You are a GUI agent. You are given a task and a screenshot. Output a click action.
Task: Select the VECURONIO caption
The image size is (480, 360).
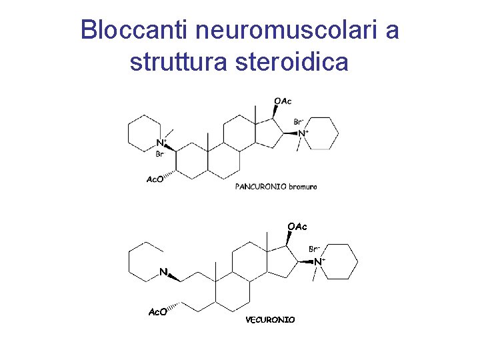click(x=270, y=320)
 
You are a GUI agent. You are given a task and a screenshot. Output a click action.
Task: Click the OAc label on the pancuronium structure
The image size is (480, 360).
click(x=283, y=101)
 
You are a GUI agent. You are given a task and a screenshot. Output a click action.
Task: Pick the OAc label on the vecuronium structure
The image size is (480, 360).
click(x=297, y=227)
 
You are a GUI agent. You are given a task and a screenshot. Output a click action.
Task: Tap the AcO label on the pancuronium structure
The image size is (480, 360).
click(x=155, y=179)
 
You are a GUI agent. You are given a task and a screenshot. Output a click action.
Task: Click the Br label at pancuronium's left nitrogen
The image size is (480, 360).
click(x=159, y=154)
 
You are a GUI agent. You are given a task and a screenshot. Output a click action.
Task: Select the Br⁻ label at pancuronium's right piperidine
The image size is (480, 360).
click(x=299, y=122)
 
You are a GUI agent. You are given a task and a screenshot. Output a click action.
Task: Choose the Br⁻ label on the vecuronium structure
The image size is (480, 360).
click(x=315, y=249)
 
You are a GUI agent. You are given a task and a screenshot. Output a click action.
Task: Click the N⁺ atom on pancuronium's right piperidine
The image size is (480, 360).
click(x=302, y=133)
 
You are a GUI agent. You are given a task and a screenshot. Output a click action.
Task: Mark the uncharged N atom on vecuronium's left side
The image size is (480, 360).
click(x=163, y=272)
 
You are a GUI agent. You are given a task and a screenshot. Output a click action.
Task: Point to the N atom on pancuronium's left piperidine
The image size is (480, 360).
click(x=159, y=143)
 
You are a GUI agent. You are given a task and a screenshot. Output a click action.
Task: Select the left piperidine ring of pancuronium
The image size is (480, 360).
click(x=144, y=130)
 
